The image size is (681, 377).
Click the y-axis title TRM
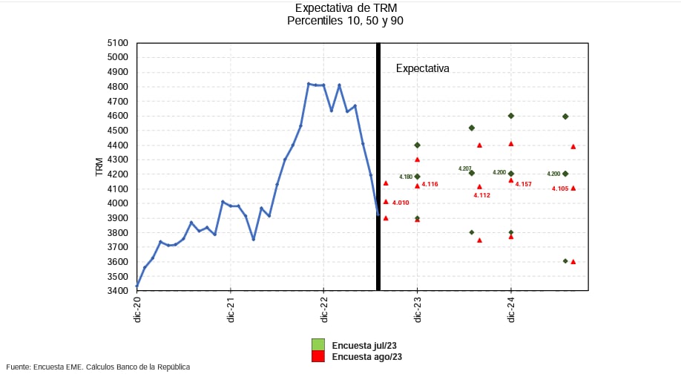click(99, 167)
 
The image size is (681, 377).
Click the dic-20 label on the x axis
click(137, 309)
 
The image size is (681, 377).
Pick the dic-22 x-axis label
click(324, 309)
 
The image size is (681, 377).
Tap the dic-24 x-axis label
click(511, 309)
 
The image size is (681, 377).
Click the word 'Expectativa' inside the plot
click(422, 68)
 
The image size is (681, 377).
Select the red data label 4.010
click(401, 203)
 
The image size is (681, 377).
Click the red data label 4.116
click(430, 184)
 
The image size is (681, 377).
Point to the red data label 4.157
click(524, 184)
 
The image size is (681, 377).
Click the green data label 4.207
click(465, 169)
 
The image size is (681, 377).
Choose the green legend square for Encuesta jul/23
click(318, 344)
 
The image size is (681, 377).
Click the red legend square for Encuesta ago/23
click(318, 356)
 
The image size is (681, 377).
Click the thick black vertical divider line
click(378, 167)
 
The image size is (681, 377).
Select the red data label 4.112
click(482, 195)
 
